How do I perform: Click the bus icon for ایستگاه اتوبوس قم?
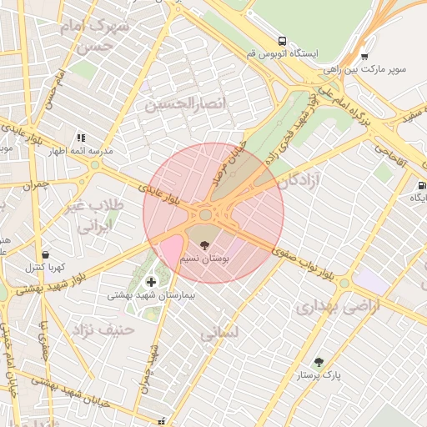click(283, 40)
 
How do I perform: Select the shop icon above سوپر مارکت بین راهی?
click(364, 56)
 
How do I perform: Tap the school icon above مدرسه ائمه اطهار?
click(81, 137)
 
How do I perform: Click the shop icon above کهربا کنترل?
click(45, 255)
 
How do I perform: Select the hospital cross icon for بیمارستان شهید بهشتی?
click(150, 281)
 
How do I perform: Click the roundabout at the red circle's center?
click(205, 215)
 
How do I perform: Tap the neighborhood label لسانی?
click(220, 331)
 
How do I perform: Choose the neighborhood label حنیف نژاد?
click(104, 329)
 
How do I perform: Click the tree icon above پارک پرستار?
click(318, 362)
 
